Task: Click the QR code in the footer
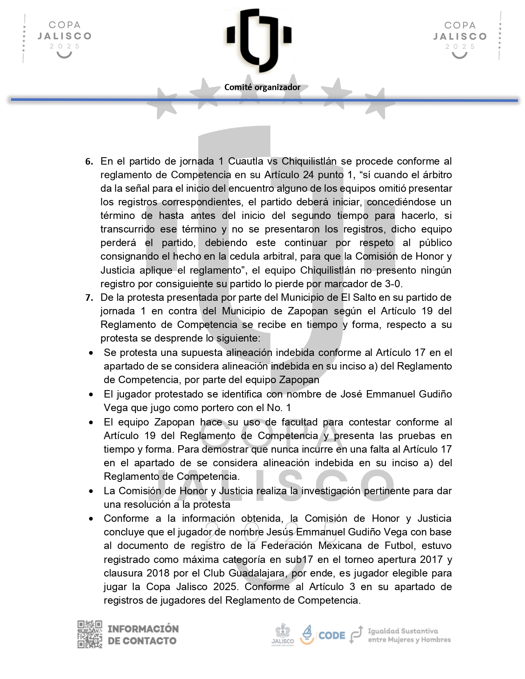(90, 634)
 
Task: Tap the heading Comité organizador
(262, 87)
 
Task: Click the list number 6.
(89, 162)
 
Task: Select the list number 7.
(89, 298)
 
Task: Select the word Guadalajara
(259, 573)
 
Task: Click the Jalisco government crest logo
(282, 635)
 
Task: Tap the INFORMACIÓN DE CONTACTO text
(143, 635)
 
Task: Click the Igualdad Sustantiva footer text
(408, 635)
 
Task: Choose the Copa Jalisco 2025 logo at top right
(460, 38)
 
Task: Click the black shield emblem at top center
(259, 37)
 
